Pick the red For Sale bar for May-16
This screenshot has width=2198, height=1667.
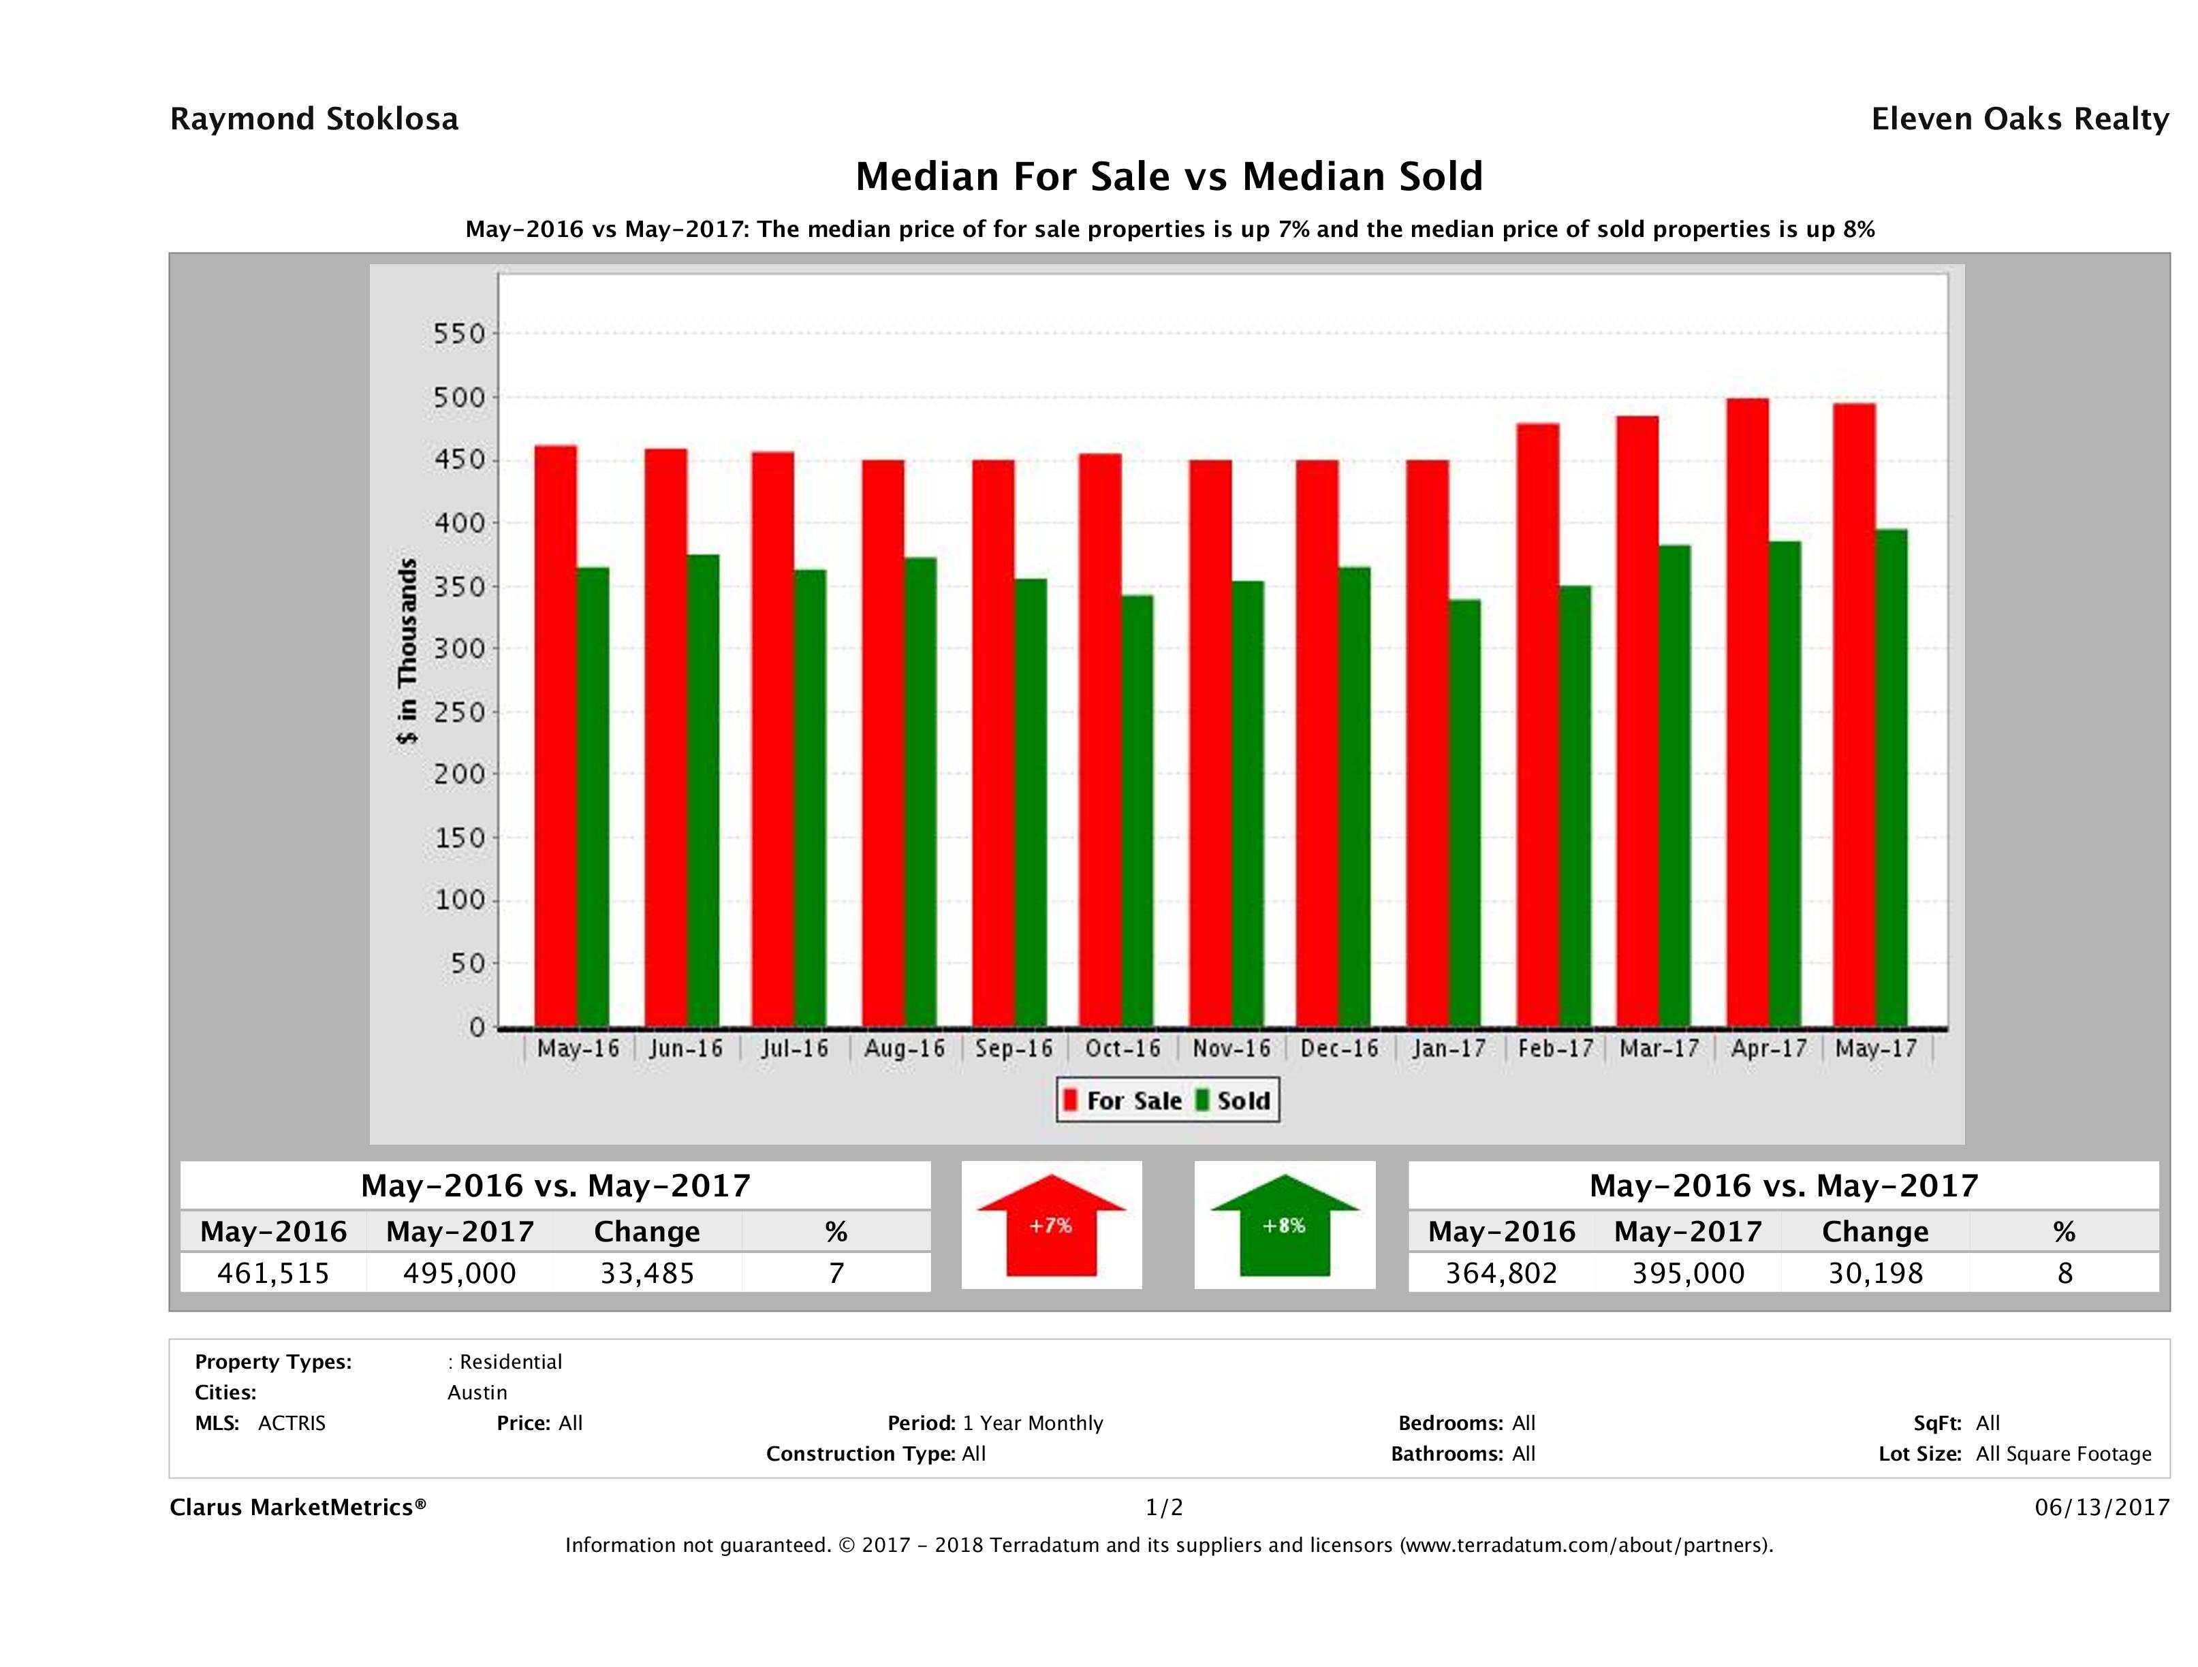[x=556, y=735]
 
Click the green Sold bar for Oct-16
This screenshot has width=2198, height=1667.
[x=1137, y=810]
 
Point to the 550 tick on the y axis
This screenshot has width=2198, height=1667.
[x=459, y=334]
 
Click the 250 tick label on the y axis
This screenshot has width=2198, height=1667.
[x=459, y=712]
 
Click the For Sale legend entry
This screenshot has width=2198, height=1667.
[x=1123, y=1100]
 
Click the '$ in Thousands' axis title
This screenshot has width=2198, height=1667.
[x=407, y=651]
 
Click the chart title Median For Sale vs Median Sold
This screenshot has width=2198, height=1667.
[x=1169, y=177]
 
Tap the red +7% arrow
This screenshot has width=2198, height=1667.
[x=1051, y=1225]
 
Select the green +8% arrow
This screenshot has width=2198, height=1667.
[x=1284, y=1225]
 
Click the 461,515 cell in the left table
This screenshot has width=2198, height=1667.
[x=273, y=1273]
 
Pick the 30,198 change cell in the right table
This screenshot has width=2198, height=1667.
[x=1875, y=1273]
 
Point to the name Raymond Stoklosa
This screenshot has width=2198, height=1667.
[x=314, y=119]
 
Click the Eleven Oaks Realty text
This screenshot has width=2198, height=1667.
[x=2019, y=119]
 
